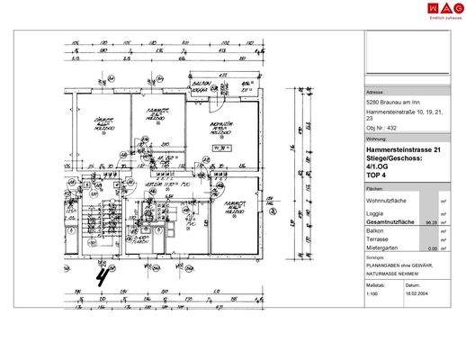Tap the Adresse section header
pos(375,93)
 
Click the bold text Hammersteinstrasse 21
pos(404,149)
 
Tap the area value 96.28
pos(430,220)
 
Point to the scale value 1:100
pos(372,293)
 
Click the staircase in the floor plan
pos(92,225)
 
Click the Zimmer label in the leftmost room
pos(103,121)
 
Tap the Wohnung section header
pos(377,139)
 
